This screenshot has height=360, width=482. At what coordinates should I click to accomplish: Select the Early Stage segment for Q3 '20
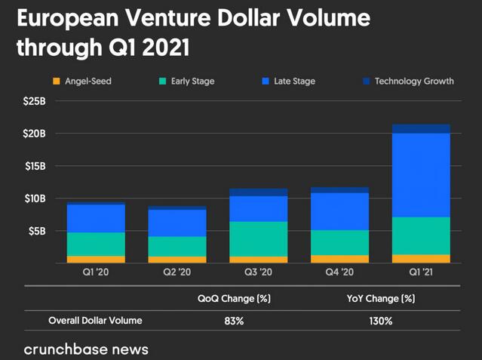259,238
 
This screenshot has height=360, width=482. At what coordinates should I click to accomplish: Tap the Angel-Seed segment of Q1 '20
96,259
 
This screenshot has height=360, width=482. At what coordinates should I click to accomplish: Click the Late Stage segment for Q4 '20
339,211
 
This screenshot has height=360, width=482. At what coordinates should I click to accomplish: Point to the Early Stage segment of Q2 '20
177,246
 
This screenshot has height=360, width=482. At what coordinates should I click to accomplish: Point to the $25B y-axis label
34,100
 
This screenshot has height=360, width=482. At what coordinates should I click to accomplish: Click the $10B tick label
34,198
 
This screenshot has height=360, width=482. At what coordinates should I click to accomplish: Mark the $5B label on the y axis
37,230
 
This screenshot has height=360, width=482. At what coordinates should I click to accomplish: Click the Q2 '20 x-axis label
177,272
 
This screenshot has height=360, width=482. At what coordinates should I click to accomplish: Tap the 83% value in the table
234,321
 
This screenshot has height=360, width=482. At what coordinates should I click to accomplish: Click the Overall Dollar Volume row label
95,321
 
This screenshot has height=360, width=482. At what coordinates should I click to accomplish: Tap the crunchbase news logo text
86,349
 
